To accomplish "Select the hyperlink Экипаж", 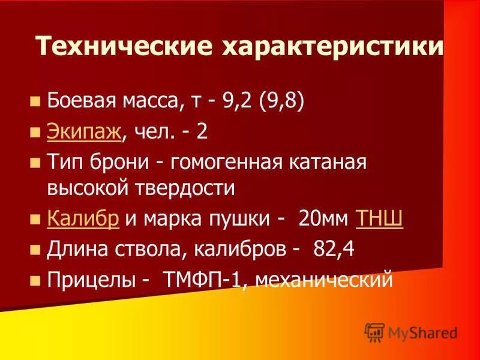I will pyautogui.click(x=85, y=132).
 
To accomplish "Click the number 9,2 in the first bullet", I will pyautogui.click(x=238, y=101).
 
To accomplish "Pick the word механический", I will pyautogui.click(x=325, y=278).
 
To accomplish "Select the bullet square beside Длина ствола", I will pyautogui.click(x=35, y=249).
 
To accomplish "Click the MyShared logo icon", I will pyautogui.click(x=374, y=332).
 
